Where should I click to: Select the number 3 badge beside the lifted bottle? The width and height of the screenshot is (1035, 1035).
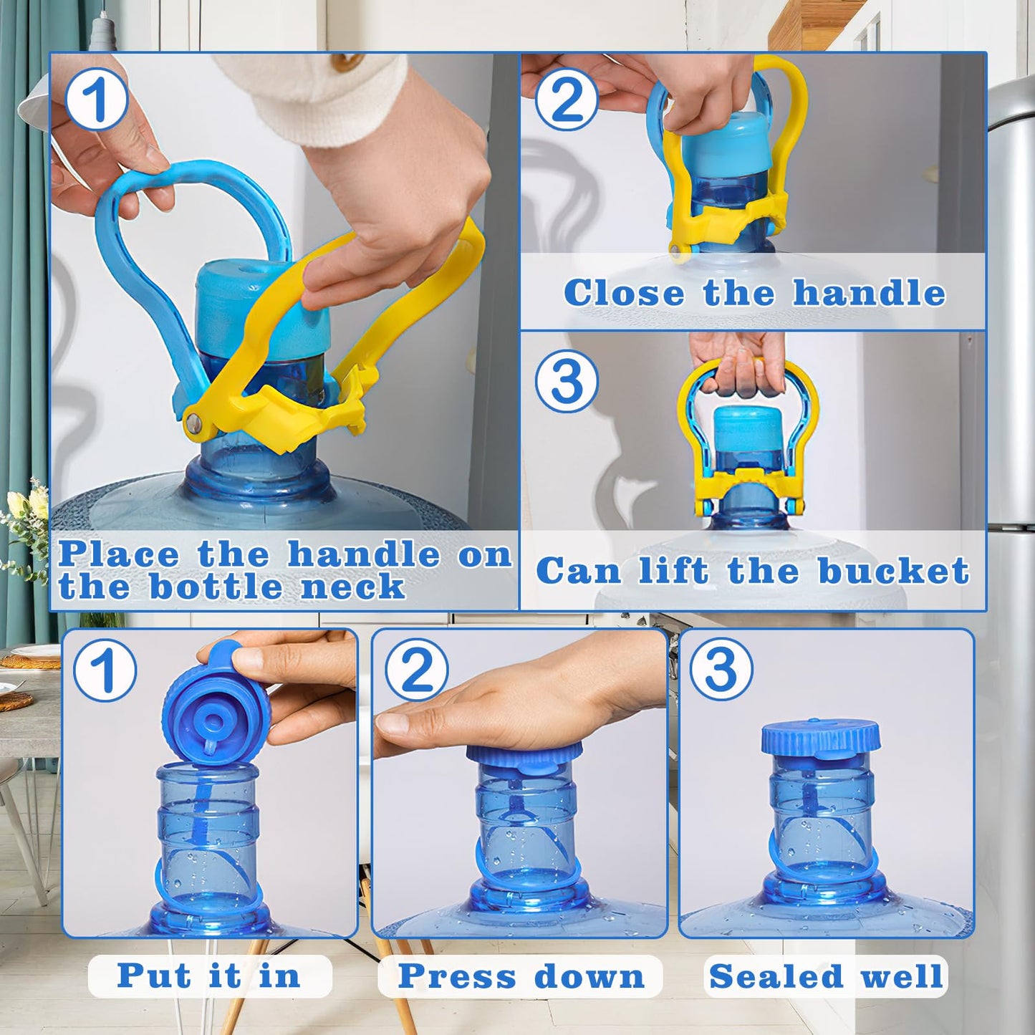coord(567,381)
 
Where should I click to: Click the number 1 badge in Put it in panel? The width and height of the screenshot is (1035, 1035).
coord(105,670)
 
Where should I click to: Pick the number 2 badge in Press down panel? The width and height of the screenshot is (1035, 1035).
coord(417,670)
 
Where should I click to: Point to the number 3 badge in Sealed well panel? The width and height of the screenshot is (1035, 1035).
coord(721,669)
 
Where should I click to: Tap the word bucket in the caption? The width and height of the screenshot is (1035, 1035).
coord(893,571)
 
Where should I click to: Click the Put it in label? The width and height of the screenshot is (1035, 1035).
coord(209,976)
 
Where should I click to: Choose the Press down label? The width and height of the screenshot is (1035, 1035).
coord(521,976)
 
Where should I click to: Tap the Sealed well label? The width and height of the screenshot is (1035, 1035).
coord(826,976)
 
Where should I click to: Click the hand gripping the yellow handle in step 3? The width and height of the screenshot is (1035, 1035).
coord(738,362)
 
